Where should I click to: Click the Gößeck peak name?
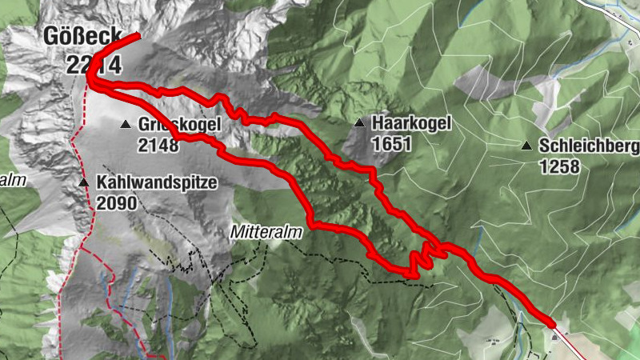(82, 36)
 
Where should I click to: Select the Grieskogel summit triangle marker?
(126, 124)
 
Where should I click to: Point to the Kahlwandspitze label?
(157, 182)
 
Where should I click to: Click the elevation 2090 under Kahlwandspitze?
(117, 202)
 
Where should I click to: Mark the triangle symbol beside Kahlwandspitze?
(84, 183)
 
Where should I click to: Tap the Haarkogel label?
(412, 123)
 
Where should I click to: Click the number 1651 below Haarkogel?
(391, 144)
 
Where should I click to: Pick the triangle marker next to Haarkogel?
(359, 123)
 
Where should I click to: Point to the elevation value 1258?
(559, 166)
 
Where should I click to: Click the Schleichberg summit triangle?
(526, 146)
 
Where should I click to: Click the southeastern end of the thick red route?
(551, 322)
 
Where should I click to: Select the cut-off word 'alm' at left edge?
(13, 180)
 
